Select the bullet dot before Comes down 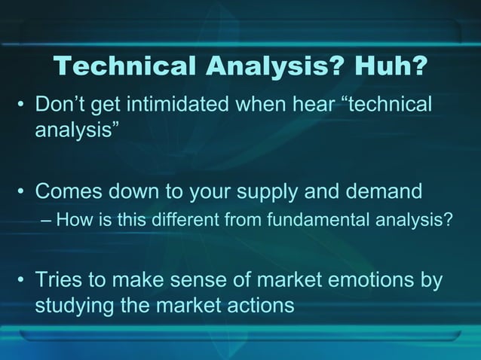tap(22, 192)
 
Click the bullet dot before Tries tap(22, 281)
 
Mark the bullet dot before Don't tap(22, 105)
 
